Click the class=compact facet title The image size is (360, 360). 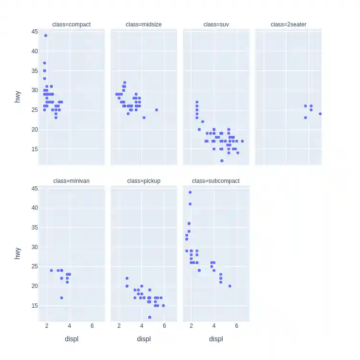72,24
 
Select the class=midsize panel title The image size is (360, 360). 144,24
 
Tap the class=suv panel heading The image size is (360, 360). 216,24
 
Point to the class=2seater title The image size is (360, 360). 288,24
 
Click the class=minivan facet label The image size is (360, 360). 72,181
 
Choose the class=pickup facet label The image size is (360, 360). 144,181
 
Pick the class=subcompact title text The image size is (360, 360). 216,181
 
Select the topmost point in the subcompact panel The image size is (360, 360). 190,192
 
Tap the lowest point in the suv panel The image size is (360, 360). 222,160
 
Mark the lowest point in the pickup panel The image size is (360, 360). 150,317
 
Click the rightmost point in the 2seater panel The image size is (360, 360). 320,114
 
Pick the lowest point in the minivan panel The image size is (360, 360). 61,298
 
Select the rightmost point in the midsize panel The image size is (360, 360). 156,110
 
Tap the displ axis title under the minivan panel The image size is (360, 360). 72,339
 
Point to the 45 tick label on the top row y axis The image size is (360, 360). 35,31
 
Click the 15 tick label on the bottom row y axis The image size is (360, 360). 35,305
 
